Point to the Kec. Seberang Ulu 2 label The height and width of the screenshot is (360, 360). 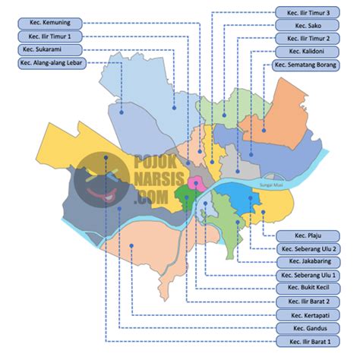310,248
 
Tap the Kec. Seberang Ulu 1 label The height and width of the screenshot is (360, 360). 310,275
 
